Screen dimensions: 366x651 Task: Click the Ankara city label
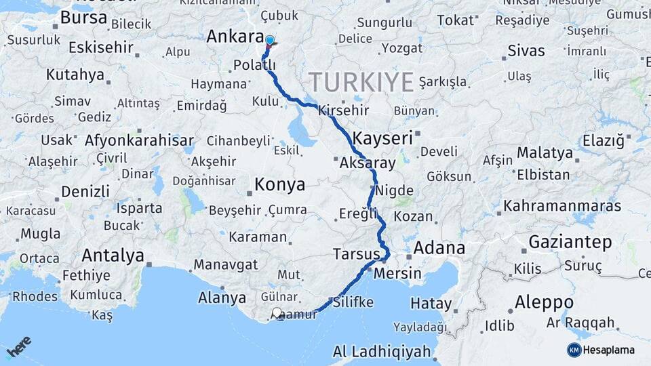click(235, 37)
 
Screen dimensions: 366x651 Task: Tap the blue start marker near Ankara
click(270, 41)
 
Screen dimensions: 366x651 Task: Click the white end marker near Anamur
click(277, 313)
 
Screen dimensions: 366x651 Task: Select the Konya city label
click(279, 184)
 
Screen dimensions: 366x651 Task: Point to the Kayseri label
click(382, 138)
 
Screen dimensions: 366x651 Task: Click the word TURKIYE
click(361, 83)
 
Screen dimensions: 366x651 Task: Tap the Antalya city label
click(113, 256)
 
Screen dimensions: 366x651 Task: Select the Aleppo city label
click(544, 302)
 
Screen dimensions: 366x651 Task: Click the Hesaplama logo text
click(608, 350)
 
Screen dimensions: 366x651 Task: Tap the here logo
click(19, 346)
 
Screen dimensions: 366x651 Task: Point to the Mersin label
click(398, 274)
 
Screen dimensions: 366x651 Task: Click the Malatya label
click(545, 152)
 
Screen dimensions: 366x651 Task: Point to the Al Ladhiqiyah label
click(382, 352)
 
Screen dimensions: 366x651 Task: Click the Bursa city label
click(83, 18)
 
